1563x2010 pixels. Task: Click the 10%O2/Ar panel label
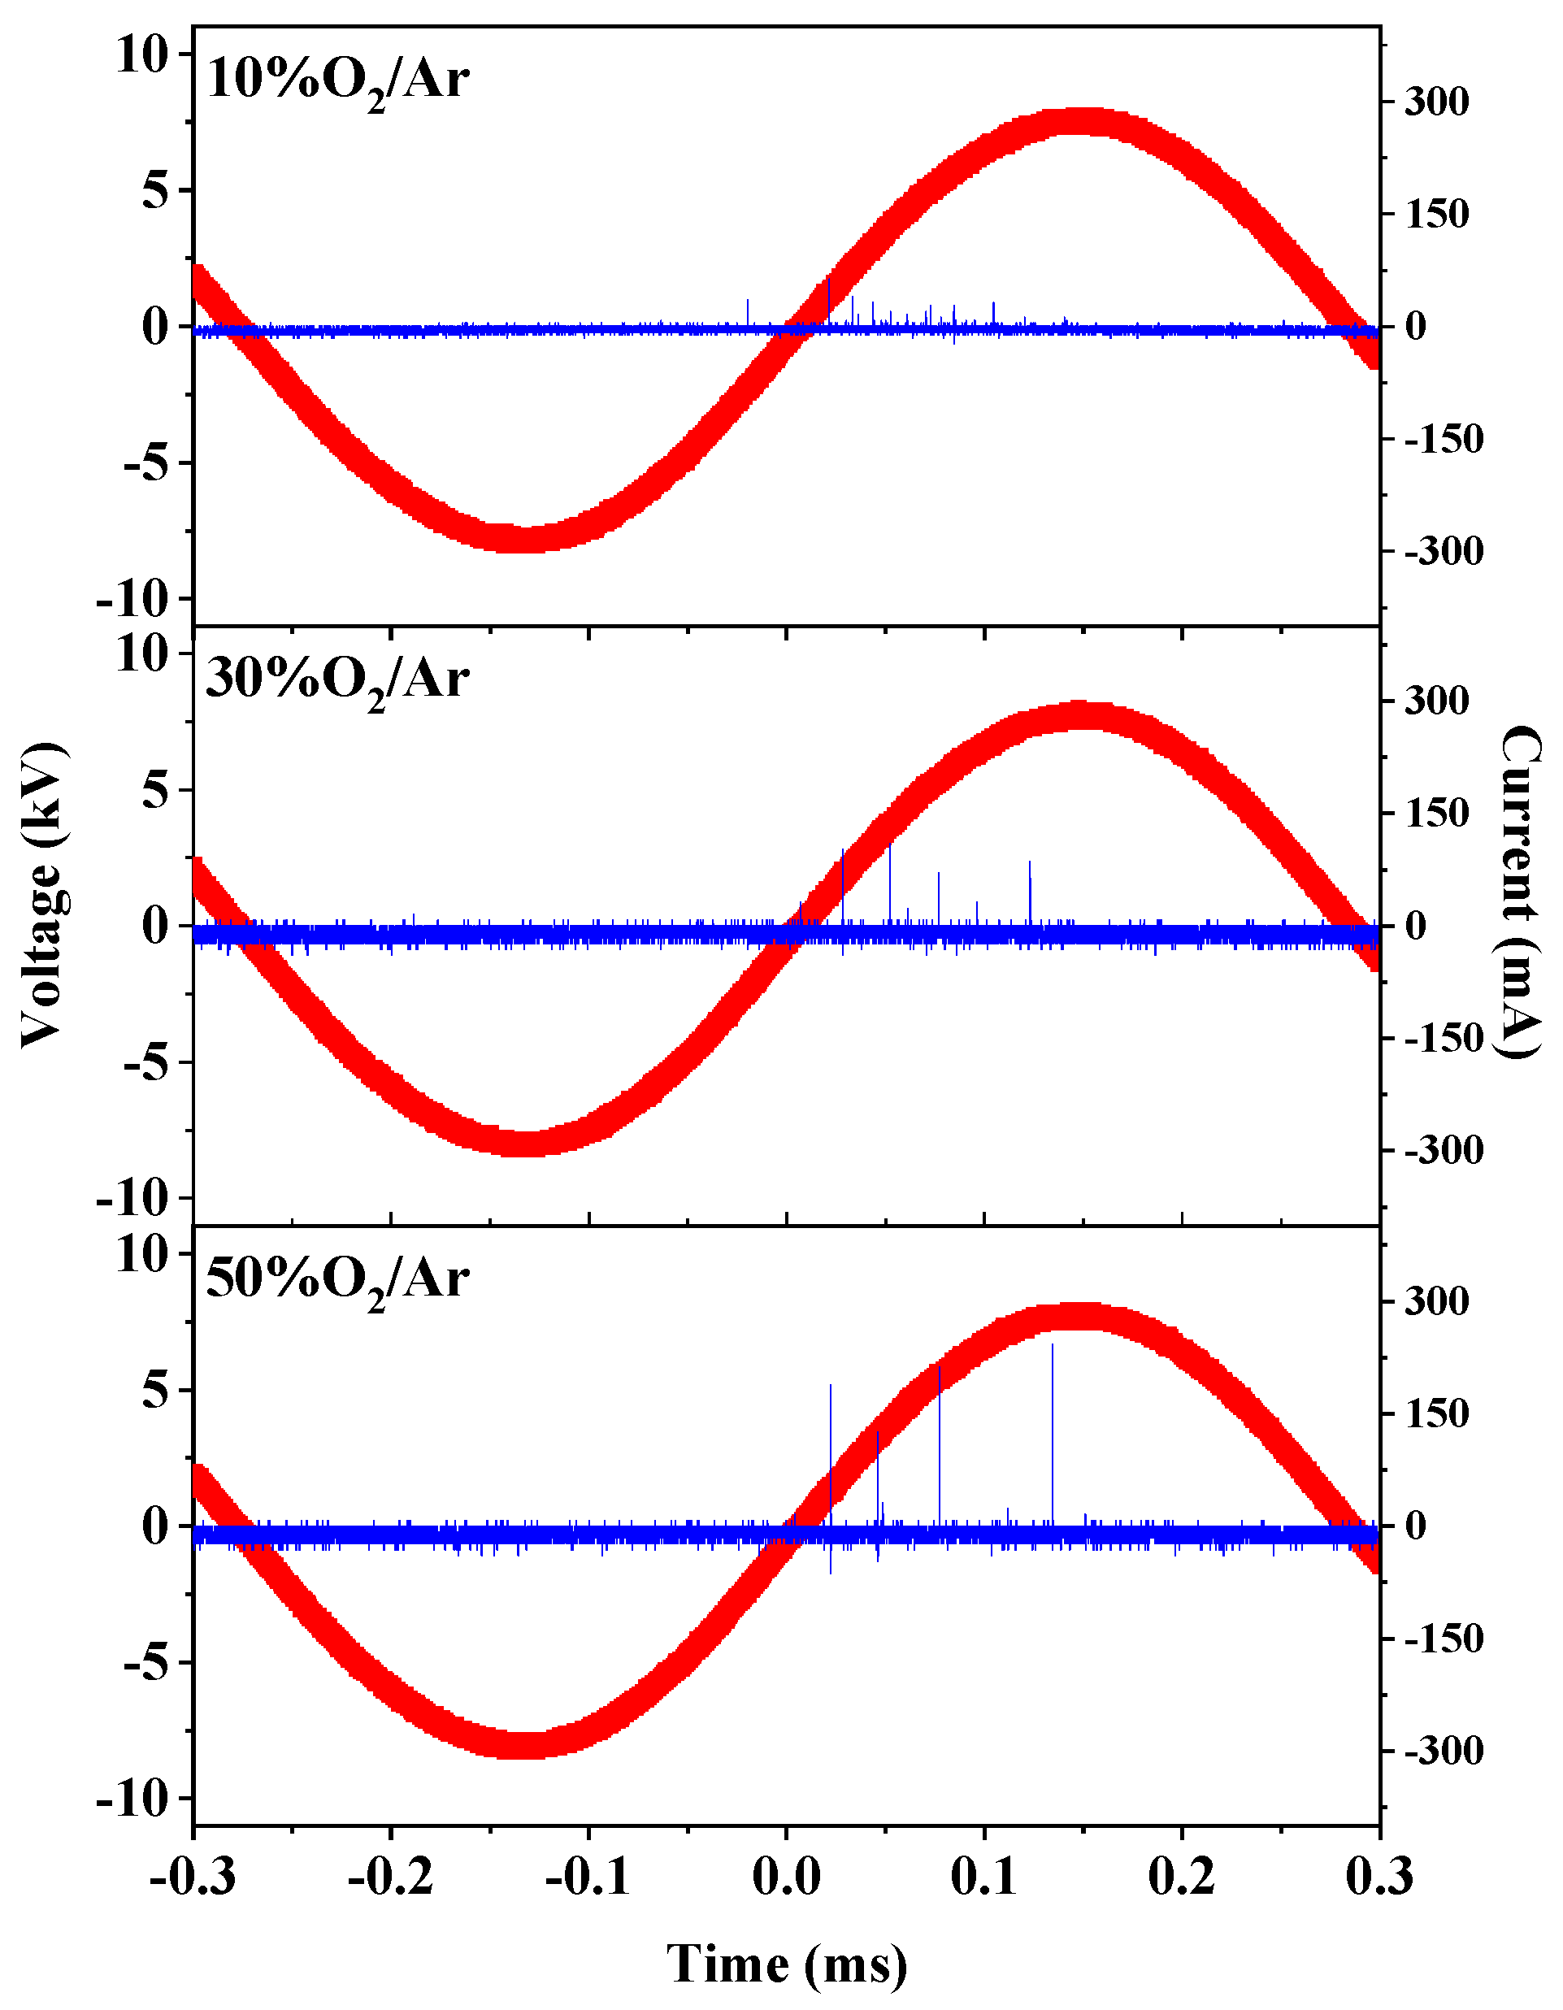(338, 81)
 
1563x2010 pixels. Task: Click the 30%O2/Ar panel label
(338, 681)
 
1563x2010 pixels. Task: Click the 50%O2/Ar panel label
(338, 1280)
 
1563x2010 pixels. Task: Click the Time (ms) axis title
(787, 1964)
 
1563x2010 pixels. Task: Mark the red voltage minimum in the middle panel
(527, 1143)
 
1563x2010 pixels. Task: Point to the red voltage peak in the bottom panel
(1084, 1317)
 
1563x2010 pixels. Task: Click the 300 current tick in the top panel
(1436, 102)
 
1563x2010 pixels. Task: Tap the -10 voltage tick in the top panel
(145, 600)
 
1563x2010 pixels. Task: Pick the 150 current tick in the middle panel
(1436, 814)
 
